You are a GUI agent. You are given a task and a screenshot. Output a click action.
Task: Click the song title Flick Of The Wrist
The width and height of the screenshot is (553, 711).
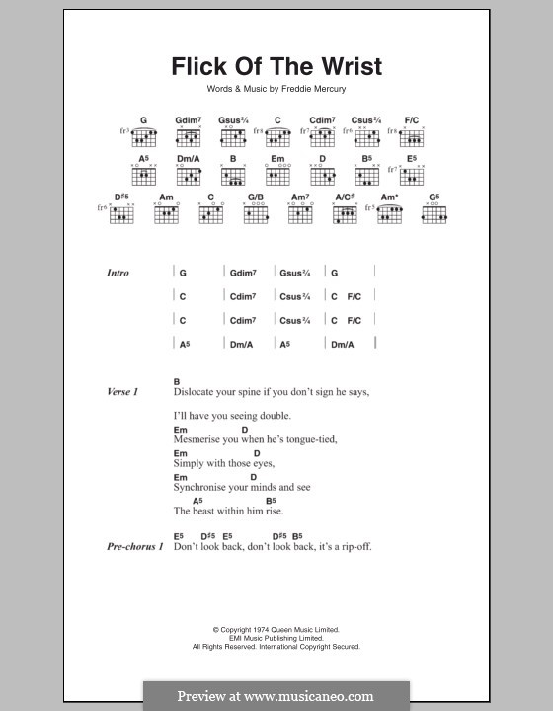[276, 68]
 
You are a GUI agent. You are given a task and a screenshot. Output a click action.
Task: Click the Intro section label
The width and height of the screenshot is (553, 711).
[118, 273]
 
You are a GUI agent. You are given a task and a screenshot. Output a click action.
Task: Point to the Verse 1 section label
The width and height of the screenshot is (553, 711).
[122, 392]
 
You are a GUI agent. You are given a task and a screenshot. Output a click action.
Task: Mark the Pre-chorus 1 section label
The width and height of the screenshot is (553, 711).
[134, 546]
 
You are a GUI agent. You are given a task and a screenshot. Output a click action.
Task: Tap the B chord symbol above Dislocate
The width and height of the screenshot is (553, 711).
[177, 381]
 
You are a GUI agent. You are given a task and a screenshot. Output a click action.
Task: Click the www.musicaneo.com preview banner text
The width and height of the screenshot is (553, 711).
[276, 696]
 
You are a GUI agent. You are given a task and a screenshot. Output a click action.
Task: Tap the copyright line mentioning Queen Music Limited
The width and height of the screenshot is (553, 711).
[276, 628]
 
